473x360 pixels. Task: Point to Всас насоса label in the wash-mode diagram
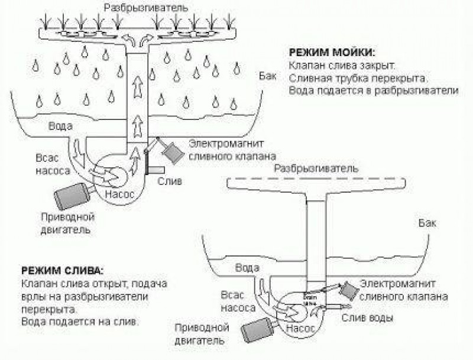click(51, 164)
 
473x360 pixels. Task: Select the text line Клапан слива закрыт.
click(342, 65)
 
